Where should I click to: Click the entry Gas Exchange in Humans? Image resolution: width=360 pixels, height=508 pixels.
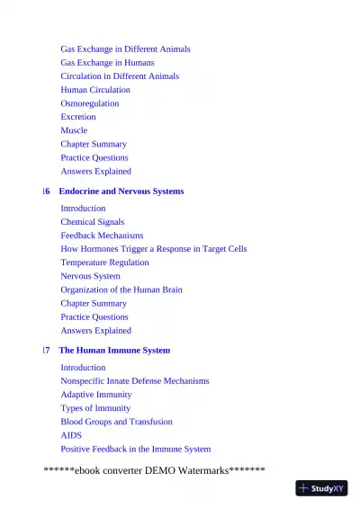coord(107,63)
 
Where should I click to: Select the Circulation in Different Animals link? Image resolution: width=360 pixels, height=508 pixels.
coord(120,76)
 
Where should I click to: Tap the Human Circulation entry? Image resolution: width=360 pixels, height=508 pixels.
coord(95,90)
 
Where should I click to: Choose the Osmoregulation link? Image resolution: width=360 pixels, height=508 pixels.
coord(90,103)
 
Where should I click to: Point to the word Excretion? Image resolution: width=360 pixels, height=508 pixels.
coord(78,117)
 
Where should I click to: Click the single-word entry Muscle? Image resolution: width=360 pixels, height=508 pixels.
coord(74,130)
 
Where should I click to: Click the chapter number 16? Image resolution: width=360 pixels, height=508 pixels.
coord(46,192)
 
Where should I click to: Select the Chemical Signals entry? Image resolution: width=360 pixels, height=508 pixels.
coord(93,222)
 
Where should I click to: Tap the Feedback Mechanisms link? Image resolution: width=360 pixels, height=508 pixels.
coord(102,236)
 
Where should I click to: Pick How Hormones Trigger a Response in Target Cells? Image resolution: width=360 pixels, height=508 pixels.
coord(154,249)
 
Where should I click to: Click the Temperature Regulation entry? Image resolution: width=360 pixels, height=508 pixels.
coord(104,263)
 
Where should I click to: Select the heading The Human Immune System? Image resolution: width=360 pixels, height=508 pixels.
coord(114,351)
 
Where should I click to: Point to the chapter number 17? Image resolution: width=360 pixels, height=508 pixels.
coord(46,351)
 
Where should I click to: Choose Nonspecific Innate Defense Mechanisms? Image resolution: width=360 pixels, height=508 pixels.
coord(135,381)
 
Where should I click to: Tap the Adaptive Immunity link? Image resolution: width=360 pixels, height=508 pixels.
coord(96,395)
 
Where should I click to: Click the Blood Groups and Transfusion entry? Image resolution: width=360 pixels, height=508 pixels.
coord(116,422)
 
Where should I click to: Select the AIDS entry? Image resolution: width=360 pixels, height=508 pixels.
coord(71,435)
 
